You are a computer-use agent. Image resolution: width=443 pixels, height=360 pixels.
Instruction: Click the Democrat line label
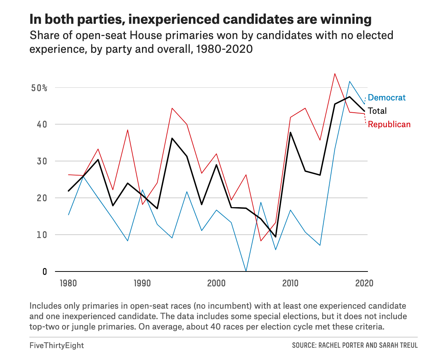tap(387, 98)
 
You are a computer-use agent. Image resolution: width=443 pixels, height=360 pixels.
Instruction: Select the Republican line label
tap(389, 124)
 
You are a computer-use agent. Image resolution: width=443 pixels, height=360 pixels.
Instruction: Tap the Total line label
tap(377, 111)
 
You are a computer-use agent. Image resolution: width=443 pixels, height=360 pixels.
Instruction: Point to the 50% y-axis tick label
tap(39, 88)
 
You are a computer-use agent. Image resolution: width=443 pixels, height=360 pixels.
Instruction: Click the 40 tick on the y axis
tap(42, 124)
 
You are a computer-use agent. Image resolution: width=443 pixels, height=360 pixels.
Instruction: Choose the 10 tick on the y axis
tap(42, 235)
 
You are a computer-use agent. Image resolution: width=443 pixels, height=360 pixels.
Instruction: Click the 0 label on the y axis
tap(45, 271)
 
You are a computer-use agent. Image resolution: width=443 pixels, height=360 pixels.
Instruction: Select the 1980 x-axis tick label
tap(68, 283)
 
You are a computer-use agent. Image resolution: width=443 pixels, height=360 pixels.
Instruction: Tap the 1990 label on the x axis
tap(142, 283)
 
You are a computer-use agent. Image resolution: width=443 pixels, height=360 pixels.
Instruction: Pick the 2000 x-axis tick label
tap(216, 283)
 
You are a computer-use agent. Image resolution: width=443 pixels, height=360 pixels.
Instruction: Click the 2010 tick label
tap(290, 283)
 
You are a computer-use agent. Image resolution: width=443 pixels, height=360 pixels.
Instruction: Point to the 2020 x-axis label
tap(364, 283)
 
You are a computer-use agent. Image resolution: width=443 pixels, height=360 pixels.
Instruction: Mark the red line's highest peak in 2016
tap(335, 74)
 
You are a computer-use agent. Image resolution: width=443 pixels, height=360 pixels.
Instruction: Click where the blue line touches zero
tap(246, 271)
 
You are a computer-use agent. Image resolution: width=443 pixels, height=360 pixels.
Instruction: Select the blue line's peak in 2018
tap(350, 81)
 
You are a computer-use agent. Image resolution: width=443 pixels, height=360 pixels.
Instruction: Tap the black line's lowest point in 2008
tap(275, 237)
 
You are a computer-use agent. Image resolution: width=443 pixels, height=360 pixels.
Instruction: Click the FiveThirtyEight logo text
tap(56, 345)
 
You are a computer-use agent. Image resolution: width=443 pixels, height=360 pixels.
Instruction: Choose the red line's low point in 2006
tap(261, 241)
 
